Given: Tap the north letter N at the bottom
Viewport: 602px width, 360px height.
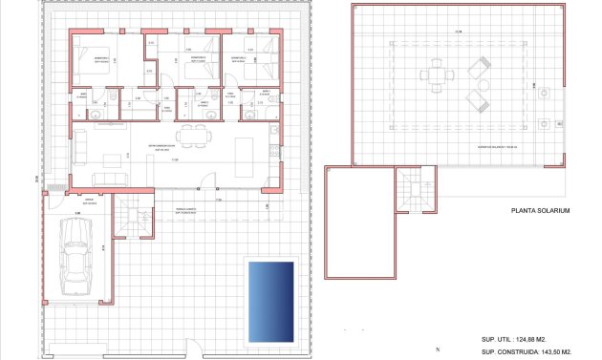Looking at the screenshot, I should click(436, 349).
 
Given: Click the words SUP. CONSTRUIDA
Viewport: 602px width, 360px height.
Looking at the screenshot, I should click(506, 352).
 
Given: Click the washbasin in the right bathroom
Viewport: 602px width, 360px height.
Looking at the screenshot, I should click(250, 113).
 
